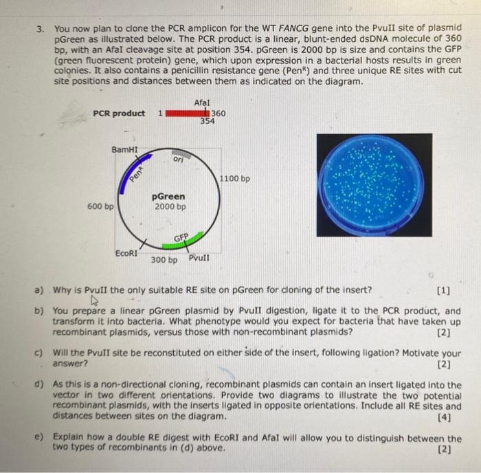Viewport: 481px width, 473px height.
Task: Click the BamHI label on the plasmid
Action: click(124, 148)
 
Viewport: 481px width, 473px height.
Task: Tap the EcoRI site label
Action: click(126, 253)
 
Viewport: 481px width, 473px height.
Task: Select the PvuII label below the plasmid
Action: click(199, 258)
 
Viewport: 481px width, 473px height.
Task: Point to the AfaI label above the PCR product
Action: click(202, 102)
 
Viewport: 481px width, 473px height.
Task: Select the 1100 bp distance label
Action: click(235, 179)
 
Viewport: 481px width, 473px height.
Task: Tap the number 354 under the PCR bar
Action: click(208, 121)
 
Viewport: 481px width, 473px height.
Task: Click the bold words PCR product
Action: click(119, 113)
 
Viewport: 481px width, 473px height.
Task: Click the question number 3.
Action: click(41, 29)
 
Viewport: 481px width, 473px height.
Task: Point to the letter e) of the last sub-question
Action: click(40, 437)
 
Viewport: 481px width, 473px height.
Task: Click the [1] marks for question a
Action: click(444, 289)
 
